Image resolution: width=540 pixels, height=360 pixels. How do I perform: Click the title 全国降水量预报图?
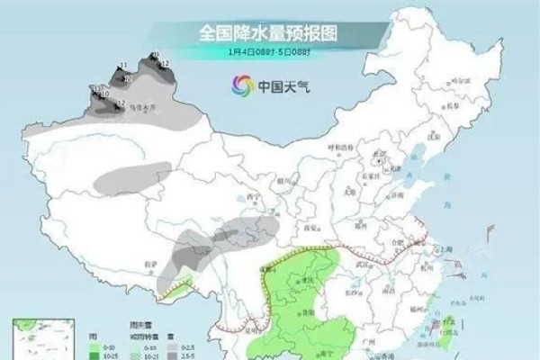pyautogui.click(x=269, y=33)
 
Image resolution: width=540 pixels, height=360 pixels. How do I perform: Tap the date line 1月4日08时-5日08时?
pyautogui.click(x=269, y=52)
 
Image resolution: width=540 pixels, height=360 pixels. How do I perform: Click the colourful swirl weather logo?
pyautogui.click(x=241, y=87)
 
